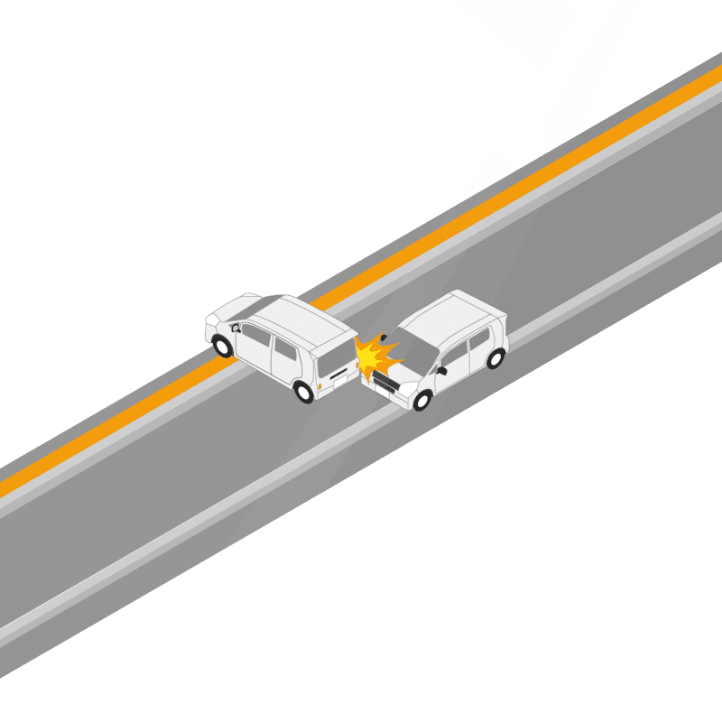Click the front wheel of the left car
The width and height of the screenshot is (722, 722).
coord(221,345)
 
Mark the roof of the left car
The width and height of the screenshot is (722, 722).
coord(298,316)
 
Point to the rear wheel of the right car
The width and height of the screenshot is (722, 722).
coord(495,358)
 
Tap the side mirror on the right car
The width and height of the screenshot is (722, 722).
coord(441,370)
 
